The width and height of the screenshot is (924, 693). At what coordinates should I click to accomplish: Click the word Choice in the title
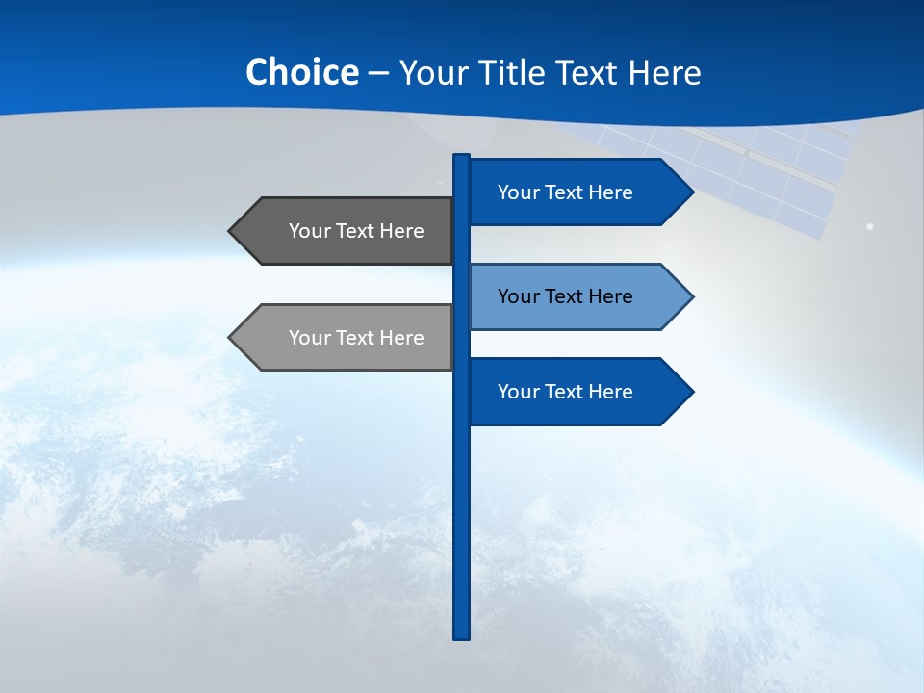pyautogui.click(x=301, y=72)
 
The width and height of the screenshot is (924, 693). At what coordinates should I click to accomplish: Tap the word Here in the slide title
pyautogui.click(x=664, y=72)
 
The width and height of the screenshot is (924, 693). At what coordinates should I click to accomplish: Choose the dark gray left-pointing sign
pyautogui.click(x=346, y=231)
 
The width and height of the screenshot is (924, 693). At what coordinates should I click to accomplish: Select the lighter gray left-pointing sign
pyautogui.click(x=346, y=338)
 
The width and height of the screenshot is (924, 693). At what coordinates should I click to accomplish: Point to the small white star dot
pyautogui.click(x=870, y=227)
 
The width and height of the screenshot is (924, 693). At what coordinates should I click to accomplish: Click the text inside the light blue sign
pyautogui.click(x=565, y=296)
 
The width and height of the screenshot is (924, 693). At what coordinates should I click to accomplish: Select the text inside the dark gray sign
pyautogui.click(x=356, y=231)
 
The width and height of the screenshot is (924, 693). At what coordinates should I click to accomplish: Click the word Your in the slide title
pyautogui.click(x=431, y=72)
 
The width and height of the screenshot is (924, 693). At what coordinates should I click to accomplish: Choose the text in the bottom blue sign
pyautogui.click(x=565, y=392)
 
